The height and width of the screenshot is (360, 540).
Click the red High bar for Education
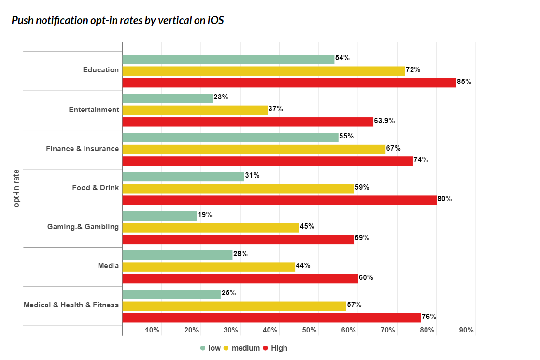click(x=289, y=83)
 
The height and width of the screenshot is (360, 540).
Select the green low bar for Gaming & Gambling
click(x=159, y=216)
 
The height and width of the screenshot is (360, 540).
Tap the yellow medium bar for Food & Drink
click(x=238, y=188)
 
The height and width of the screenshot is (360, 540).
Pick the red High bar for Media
click(x=240, y=278)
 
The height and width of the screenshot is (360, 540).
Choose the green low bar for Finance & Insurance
click(x=230, y=138)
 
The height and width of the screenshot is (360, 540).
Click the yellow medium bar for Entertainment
click(x=195, y=110)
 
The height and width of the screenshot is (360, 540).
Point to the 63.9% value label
click(x=384, y=121)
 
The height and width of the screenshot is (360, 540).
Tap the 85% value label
click(x=464, y=82)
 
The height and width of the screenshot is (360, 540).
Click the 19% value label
click(x=205, y=215)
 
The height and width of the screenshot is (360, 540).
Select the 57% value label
click(x=354, y=305)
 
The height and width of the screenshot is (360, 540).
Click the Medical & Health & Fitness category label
click(x=71, y=305)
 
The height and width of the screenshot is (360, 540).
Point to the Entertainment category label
click(x=94, y=109)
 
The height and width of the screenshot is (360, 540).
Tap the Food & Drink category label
click(x=96, y=187)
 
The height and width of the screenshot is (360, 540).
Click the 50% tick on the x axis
click(x=310, y=331)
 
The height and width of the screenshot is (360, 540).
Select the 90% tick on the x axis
click(x=467, y=331)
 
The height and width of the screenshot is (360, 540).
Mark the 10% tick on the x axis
click(x=153, y=331)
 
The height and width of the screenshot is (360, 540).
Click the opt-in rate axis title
click(x=17, y=189)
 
